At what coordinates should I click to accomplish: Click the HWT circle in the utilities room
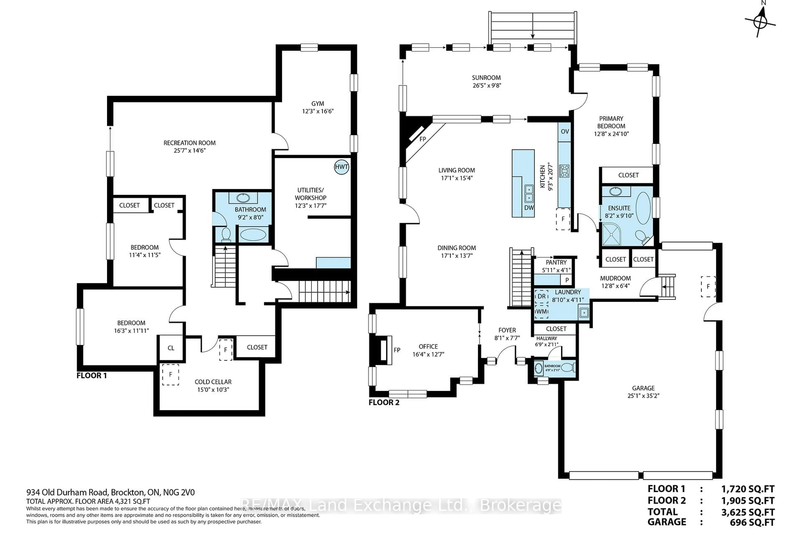pyautogui.click(x=341, y=167)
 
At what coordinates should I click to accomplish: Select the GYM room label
pyautogui.click(x=317, y=103)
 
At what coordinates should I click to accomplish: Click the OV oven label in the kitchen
pyautogui.click(x=565, y=131)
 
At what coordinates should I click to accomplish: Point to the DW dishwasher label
pyautogui.click(x=529, y=208)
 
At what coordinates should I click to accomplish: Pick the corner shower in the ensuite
pyautogui.click(x=611, y=234)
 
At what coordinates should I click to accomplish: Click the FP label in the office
pyautogui.click(x=397, y=350)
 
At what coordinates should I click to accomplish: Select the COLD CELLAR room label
pyautogui.click(x=213, y=382)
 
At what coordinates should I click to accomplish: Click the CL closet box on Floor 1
pyautogui.click(x=171, y=348)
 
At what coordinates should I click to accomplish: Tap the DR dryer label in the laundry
pyautogui.click(x=542, y=297)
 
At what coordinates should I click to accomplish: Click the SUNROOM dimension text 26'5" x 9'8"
pyautogui.click(x=487, y=86)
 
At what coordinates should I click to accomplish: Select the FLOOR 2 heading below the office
pyautogui.click(x=384, y=403)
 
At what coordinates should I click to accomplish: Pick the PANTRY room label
pyautogui.click(x=556, y=262)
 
